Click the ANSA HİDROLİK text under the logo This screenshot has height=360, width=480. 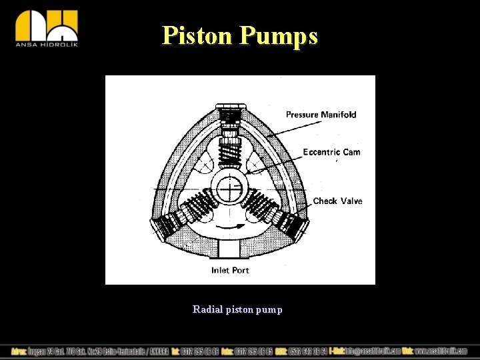click(47, 45)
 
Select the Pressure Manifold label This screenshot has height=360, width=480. click(321, 115)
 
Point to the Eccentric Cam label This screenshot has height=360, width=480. click(331, 152)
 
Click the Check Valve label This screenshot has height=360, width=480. click(337, 201)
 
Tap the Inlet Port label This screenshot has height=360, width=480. click(230, 270)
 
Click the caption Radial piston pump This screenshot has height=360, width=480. click(237, 309)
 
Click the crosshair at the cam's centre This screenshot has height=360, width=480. click(229, 189)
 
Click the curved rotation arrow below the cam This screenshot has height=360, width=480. click(229, 230)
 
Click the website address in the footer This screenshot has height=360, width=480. click(441, 351)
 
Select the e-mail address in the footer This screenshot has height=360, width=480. click(373, 351)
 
